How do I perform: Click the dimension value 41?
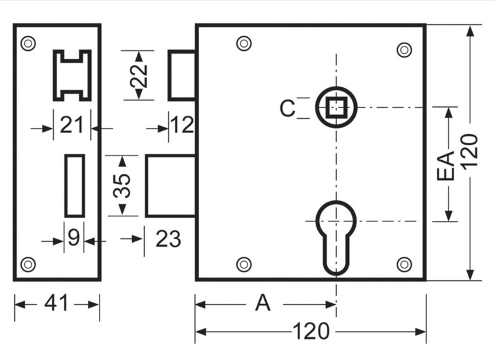click(56, 303)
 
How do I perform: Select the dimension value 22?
click(139, 75)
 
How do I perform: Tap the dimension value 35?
click(122, 186)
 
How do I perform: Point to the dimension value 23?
click(168, 239)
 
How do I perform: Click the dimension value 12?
click(182, 125)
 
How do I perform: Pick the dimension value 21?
click(71, 124)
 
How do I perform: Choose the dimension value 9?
click(74, 238)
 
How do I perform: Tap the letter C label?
click(288, 108)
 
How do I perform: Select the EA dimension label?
click(445, 166)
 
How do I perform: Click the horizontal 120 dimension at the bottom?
click(311, 332)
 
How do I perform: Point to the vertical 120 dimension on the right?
click(470, 150)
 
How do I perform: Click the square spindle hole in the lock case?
click(336, 107)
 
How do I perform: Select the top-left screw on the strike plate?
click(28, 43)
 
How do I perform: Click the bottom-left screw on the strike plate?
click(28, 264)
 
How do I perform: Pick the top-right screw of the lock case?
click(404, 50)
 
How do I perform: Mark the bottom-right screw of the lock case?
click(404, 264)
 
